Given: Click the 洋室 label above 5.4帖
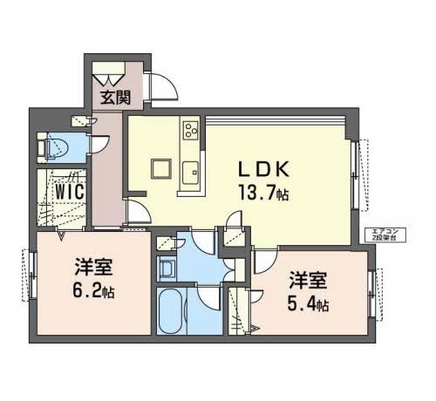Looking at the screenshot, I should pyautogui.click(x=309, y=281).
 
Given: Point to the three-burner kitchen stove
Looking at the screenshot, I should pyautogui.click(x=190, y=132).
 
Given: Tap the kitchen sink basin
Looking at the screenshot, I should pyautogui.click(x=191, y=167).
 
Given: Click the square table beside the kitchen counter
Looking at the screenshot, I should pyautogui.click(x=160, y=167).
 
